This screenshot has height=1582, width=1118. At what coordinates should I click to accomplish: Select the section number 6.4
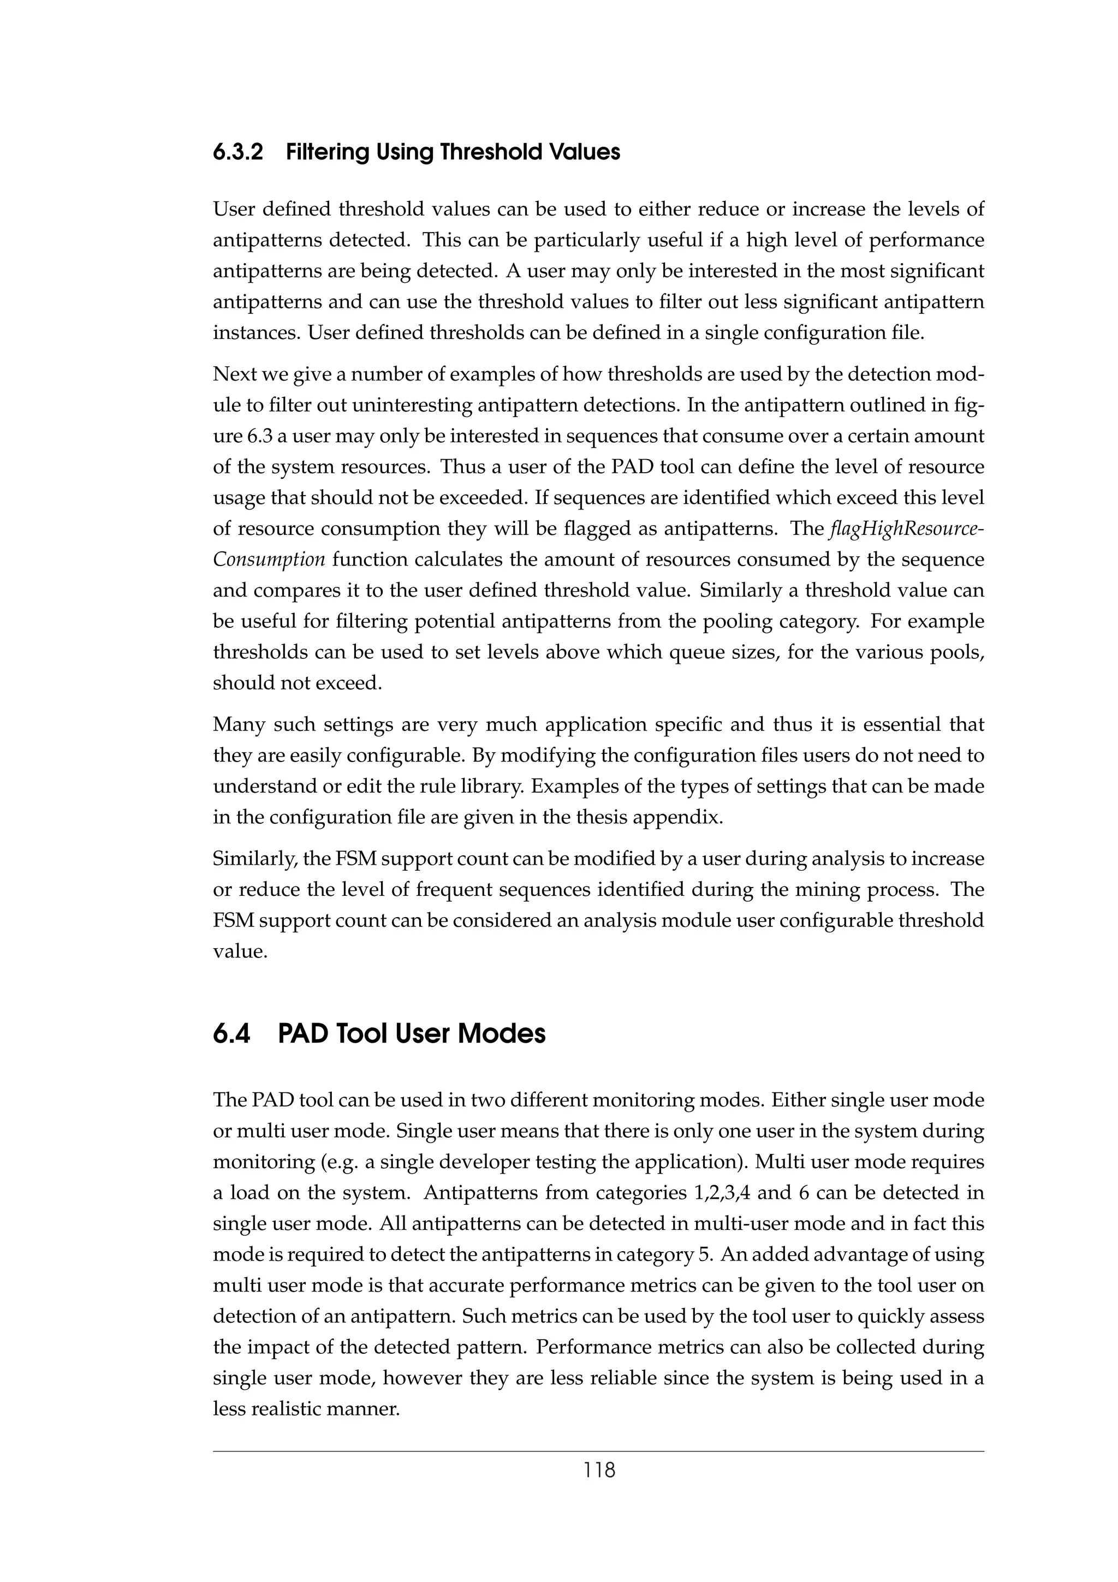pos(231,1034)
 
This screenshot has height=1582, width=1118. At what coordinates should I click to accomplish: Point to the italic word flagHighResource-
pos(907,529)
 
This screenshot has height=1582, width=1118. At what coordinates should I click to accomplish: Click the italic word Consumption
pos(269,560)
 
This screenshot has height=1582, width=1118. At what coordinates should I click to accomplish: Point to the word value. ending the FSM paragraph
pos(240,951)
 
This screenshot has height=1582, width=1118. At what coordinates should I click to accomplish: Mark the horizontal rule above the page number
pos(599,1452)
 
